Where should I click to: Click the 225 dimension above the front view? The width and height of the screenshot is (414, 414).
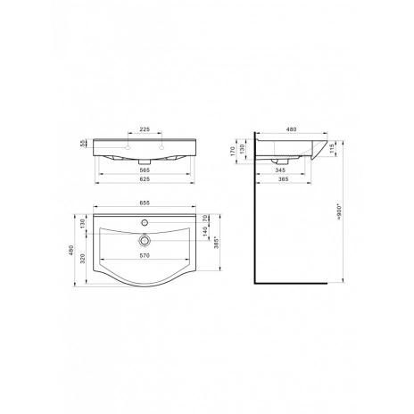(x=145, y=129)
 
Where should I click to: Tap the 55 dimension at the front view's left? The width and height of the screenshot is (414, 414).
(x=83, y=144)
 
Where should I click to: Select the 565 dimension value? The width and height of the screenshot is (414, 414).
(x=145, y=170)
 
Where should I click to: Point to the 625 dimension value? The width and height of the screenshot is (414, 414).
(x=145, y=179)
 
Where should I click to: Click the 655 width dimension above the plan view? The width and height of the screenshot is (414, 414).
(x=145, y=203)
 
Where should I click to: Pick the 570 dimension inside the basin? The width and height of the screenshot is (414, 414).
(x=145, y=255)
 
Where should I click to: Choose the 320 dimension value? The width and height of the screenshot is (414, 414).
(x=83, y=259)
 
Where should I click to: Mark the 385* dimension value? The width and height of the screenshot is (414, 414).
(x=217, y=243)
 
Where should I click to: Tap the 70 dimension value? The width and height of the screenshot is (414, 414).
(x=204, y=219)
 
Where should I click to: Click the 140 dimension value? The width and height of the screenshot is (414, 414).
(x=204, y=231)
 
